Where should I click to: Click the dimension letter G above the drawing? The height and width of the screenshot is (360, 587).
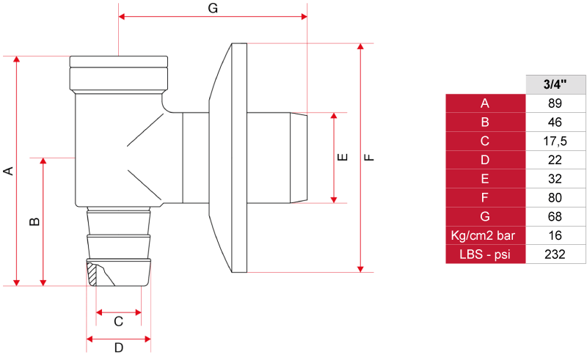pyautogui.click(x=213, y=8)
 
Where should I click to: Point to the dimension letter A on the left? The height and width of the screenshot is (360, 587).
pyautogui.click(x=8, y=171)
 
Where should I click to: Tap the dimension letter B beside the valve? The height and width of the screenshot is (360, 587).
pyautogui.click(x=34, y=221)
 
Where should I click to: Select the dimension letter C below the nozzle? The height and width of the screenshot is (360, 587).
pyautogui.click(x=118, y=321)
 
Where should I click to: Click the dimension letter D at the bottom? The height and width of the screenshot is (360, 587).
pyautogui.click(x=119, y=348)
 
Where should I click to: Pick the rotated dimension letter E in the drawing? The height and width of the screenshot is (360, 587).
pyautogui.click(x=343, y=157)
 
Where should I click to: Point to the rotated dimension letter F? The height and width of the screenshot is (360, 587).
pyautogui.click(x=369, y=157)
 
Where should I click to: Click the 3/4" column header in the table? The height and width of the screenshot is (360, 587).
pyautogui.click(x=555, y=84)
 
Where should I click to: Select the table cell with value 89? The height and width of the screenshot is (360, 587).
pyautogui.click(x=555, y=103)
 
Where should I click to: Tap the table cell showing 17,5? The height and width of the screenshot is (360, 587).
pyautogui.click(x=555, y=141)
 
